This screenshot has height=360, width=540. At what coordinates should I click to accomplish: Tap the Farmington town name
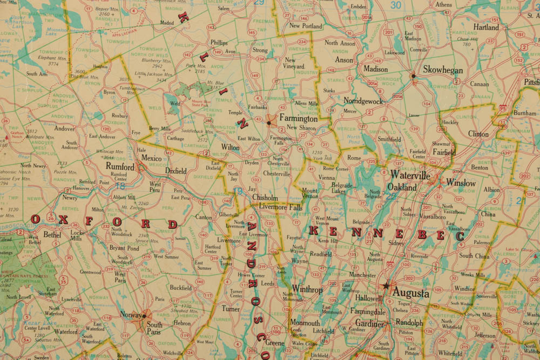298,118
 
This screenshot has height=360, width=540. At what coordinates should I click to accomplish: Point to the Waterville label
410,175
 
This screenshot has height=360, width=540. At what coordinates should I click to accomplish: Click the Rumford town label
120,167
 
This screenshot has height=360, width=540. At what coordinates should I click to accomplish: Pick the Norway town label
131,315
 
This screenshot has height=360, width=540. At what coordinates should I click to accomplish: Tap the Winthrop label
307,289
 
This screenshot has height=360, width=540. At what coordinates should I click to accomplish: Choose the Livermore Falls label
280,207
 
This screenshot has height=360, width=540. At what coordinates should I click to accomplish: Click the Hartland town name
486,27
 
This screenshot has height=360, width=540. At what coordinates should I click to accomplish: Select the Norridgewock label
363,101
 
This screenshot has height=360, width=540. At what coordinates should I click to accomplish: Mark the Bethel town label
52,235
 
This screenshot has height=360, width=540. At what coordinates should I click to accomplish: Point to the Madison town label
375,69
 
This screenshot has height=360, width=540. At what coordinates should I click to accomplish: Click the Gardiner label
369,324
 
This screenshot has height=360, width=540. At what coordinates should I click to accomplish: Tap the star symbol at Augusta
386,286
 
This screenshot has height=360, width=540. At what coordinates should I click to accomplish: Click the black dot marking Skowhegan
414,76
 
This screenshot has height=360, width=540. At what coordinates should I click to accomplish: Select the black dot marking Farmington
268,123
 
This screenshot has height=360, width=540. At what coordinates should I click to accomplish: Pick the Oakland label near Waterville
402,187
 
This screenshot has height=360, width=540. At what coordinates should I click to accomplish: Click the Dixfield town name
175,171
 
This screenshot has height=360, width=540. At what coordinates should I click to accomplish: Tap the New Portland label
305,26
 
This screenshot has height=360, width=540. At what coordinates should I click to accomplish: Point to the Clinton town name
478,134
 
